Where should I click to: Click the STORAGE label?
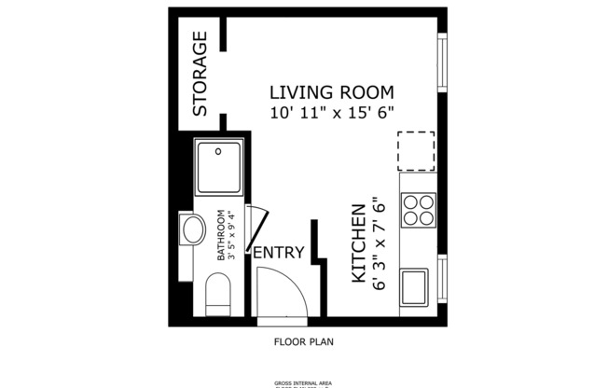pyautogui.click(x=200, y=74)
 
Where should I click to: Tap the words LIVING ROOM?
pyautogui.click(x=331, y=92)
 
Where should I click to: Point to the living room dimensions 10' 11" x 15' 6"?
pyautogui.click(x=331, y=112)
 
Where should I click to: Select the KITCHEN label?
pyautogui.click(x=356, y=244)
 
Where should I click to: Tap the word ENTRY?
pyautogui.click(x=278, y=252)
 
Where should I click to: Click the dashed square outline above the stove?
pyautogui.click(x=416, y=151)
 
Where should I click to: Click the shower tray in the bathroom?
pyautogui.click(x=220, y=168)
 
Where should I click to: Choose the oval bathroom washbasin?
pyautogui.click(x=194, y=230)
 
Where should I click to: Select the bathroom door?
pyautogui.click(x=260, y=228)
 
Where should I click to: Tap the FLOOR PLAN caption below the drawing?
pyautogui.click(x=303, y=341)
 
